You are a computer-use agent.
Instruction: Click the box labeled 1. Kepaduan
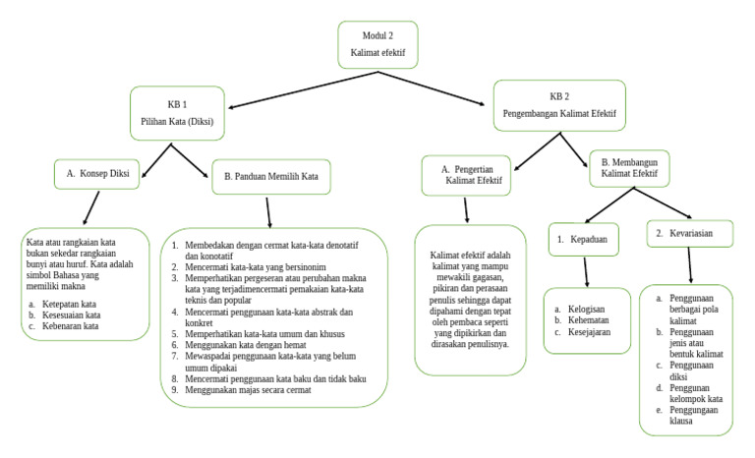click(x=587, y=240)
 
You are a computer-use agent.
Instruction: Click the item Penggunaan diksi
click(x=694, y=372)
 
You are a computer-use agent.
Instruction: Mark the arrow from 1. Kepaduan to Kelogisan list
click(x=587, y=271)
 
